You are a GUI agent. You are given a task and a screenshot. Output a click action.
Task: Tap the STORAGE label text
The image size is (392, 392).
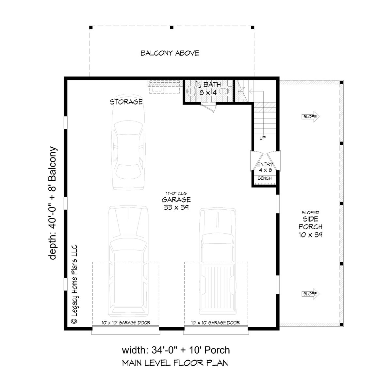126,102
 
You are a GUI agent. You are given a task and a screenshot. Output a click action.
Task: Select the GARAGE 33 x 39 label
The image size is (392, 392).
176,203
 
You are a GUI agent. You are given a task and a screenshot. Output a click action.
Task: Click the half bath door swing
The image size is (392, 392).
209,107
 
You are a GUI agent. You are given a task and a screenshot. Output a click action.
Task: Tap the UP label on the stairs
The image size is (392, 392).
262,138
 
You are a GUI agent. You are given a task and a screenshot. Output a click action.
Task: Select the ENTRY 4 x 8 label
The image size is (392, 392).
265,167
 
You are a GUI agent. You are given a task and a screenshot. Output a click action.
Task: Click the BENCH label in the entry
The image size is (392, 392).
265,178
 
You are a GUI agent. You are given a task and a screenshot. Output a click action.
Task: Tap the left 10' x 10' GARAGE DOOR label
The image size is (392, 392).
126,323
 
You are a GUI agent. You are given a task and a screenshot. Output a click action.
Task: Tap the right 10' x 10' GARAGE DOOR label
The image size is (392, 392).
216,323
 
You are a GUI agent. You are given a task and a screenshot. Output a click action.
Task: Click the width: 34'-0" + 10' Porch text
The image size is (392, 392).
176,351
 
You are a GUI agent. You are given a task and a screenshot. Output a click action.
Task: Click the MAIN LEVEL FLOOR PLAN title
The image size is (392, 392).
175,363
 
